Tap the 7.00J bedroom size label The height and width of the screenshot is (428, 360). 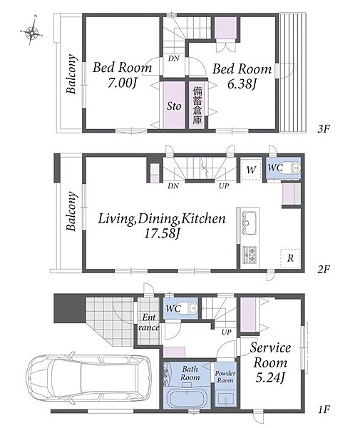click(122, 83)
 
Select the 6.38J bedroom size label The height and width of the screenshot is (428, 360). click(242, 84)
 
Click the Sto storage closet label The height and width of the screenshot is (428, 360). click(174, 106)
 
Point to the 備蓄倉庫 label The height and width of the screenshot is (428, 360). click(197, 106)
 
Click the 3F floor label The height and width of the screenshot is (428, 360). click(324, 128)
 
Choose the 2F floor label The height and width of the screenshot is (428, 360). click(324, 270)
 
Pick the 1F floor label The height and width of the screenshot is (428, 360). click(324, 409)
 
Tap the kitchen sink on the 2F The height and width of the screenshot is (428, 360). click(250, 222)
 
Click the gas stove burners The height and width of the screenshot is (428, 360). click(250, 255)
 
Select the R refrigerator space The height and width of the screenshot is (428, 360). click(290, 258)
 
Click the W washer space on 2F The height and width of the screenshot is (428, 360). click(251, 170)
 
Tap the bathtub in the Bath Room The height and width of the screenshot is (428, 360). click(187, 398)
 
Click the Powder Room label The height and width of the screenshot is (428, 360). click(225, 377)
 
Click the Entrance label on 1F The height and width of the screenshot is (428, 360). click(149, 322)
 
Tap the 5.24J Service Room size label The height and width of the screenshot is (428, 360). click(270, 378)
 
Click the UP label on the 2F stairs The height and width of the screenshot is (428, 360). click(224, 186)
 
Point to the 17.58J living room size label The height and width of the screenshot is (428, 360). click(162, 233)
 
